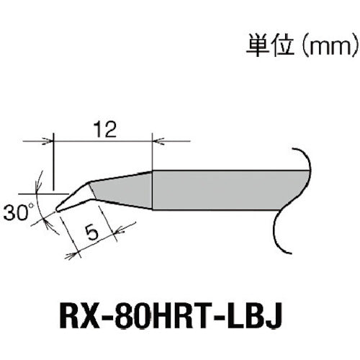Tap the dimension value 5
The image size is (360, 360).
[90, 233]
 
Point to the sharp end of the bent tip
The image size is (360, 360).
[57, 208]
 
